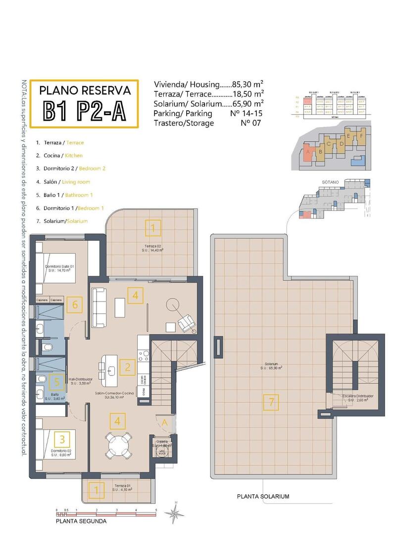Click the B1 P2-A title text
pyautogui.click(x=84, y=111)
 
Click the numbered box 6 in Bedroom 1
pyautogui.click(x=75, y=304)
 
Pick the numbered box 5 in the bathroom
pyautogui.click(x=57, y=382)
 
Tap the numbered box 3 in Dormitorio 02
pyautogui.click(x=62, y=438)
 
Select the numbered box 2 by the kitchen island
pyautogui.click(x=128, y=367)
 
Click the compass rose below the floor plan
pyautogui.click(x=174, y=515)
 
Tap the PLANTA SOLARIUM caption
pyautogui.click(x=263, y=496)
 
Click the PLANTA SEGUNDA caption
pyautogui.click(x=81, y=520)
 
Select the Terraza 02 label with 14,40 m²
pyautogui.click(x=153, y=248)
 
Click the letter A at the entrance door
pyautogui.click(x=165, y=422)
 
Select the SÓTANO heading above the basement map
pyautogui.click(x=330, y=182)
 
